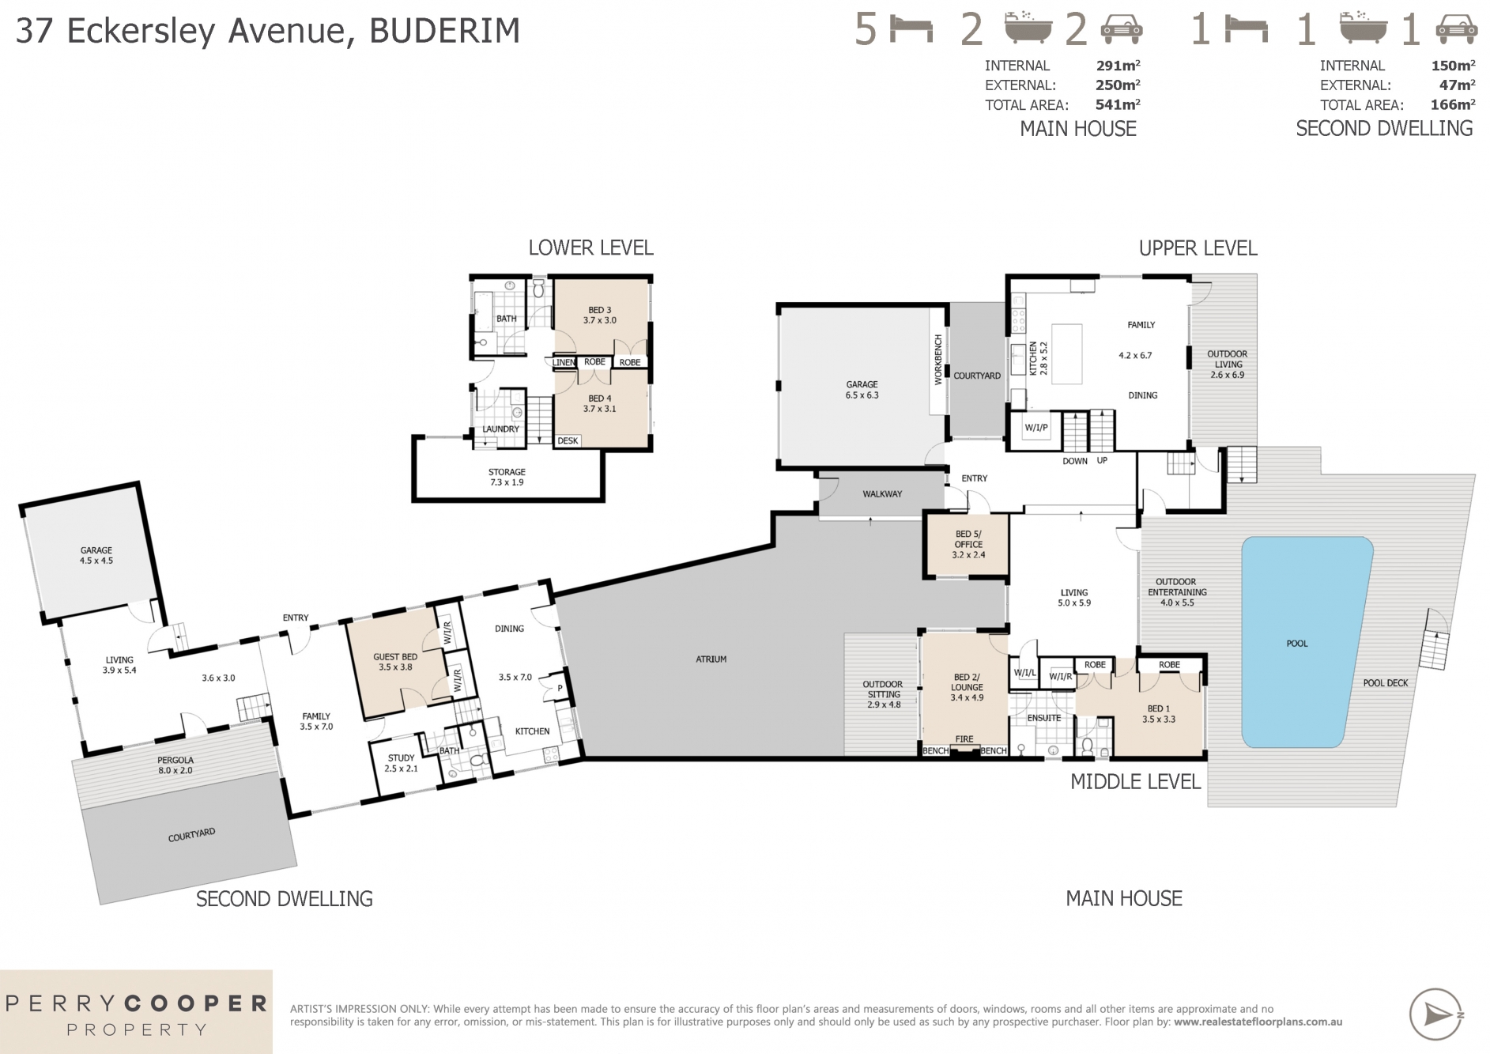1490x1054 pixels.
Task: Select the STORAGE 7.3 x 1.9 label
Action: pos(506,477)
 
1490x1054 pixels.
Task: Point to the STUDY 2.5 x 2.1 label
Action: pos(401,763)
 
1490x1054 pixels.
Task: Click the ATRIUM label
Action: pos(711,659)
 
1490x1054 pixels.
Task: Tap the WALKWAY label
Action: pos(882,494)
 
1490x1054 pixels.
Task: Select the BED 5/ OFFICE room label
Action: pos(968,544)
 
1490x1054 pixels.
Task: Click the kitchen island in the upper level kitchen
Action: pos(1066,353)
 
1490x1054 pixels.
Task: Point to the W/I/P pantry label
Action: pos(1035,428)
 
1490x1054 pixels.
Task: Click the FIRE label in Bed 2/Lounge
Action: pos(964,739)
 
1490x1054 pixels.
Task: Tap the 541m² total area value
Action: pos(1117,104)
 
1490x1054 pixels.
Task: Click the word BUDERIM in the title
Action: pos(444,32)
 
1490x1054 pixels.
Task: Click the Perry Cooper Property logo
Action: pos(136,1013)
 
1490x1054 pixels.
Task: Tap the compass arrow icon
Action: pos(1435,1014)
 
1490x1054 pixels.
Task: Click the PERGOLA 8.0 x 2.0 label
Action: pos(175,765)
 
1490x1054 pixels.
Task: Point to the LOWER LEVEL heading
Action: pos(590,247)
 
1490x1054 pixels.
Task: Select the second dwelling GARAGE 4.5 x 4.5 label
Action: pos(96,555)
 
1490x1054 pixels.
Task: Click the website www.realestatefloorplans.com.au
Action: pos(1258,1022)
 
